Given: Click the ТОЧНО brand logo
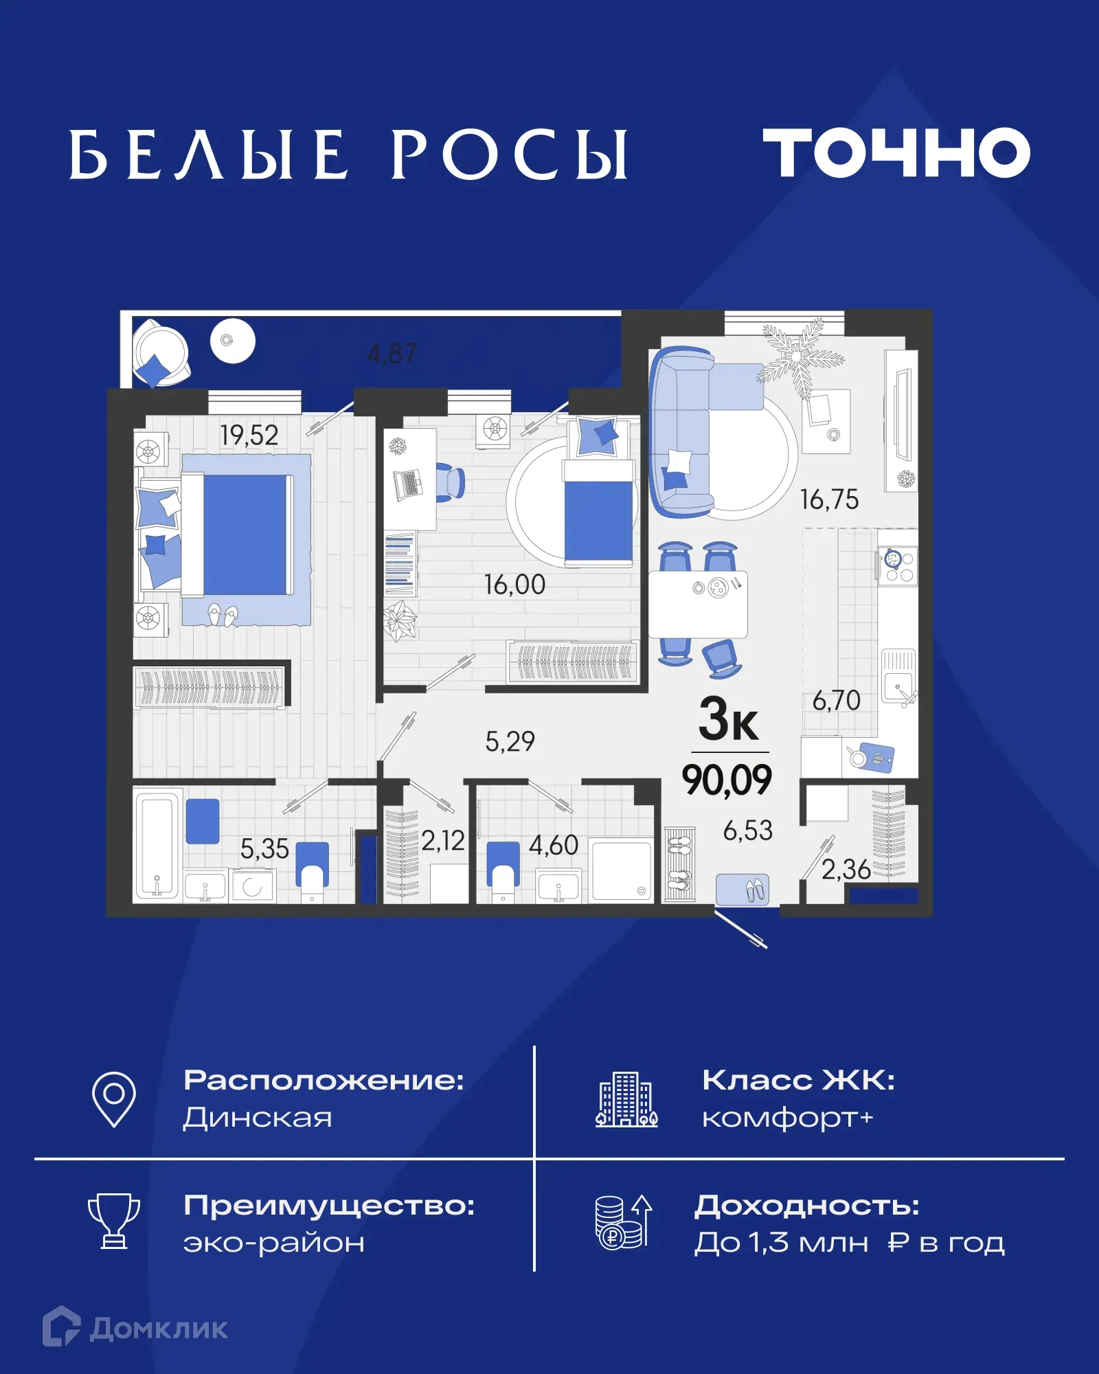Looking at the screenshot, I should click(896, 153).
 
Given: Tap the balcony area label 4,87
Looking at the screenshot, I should click(392, 354).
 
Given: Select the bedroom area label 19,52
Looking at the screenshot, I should click(249, 435).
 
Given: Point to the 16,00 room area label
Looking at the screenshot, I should click(514, 585).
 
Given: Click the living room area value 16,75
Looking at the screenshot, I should click(829, 499).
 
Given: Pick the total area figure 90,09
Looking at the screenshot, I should click(727, 780).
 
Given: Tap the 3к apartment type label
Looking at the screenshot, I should click(728, 719).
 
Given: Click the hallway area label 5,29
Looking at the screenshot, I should click(510, 741).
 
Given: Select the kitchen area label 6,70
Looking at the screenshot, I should click(836, 701).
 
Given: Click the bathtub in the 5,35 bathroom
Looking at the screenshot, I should click(157, 846).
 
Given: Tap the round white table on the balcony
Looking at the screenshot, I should click(233, 341).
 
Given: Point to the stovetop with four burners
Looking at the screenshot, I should click(898, 566).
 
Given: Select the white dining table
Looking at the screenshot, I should click(698, 605).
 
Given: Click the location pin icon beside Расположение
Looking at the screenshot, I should click(114, 1099).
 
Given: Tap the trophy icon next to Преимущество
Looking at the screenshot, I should click(114, 1220).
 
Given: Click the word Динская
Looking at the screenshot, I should click(258, 1118).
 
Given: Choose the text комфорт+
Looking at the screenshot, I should click(787, 1118).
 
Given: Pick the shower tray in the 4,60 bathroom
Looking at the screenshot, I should click(622, 870).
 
